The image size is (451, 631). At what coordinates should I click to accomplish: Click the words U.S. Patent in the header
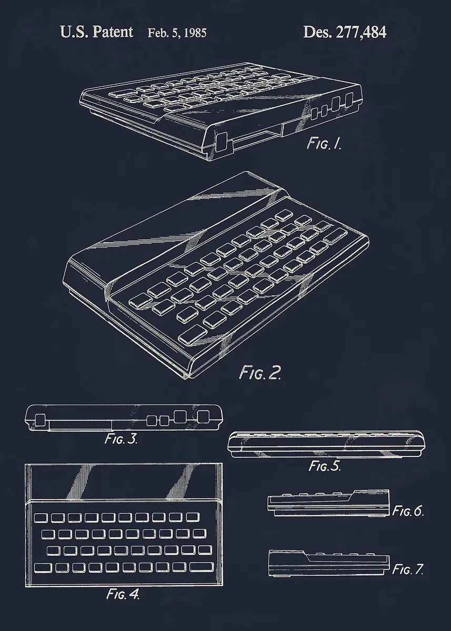click(97, 32)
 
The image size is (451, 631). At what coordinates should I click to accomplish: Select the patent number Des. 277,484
click(345, 32)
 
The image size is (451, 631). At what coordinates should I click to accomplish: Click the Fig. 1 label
click(324, 144)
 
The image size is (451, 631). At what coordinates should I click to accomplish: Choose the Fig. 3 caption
click(121, 439)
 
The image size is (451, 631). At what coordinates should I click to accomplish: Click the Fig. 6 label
click(408, 511)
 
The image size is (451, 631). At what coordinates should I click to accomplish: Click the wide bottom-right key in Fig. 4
click(202, 567)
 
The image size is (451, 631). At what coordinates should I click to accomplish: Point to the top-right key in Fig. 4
click(193, 516)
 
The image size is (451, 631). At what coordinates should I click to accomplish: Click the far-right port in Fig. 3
click(203, 417)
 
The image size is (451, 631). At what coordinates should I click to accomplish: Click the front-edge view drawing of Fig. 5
click(326, 444)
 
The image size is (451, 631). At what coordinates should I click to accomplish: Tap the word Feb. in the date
click(156, 33)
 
